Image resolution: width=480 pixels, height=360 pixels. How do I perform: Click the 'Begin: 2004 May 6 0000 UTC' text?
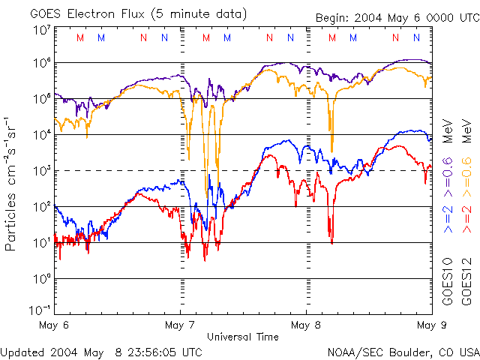[x=391, y=17]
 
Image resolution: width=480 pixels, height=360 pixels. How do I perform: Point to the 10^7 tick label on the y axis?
[x=42, y=30]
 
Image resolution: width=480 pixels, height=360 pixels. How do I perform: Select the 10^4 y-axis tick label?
[x=42, y=135]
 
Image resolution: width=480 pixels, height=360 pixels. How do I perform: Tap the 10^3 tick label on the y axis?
[x=42, y=171]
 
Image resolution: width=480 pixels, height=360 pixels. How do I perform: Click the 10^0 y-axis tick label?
[x=42, y=279]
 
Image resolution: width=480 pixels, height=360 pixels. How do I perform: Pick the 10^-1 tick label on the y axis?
[x=40, y=309]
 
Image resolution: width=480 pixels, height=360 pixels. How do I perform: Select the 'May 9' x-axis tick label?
[x=431, y=325]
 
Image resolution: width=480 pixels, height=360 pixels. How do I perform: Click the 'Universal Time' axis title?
[x=242, y=337]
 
